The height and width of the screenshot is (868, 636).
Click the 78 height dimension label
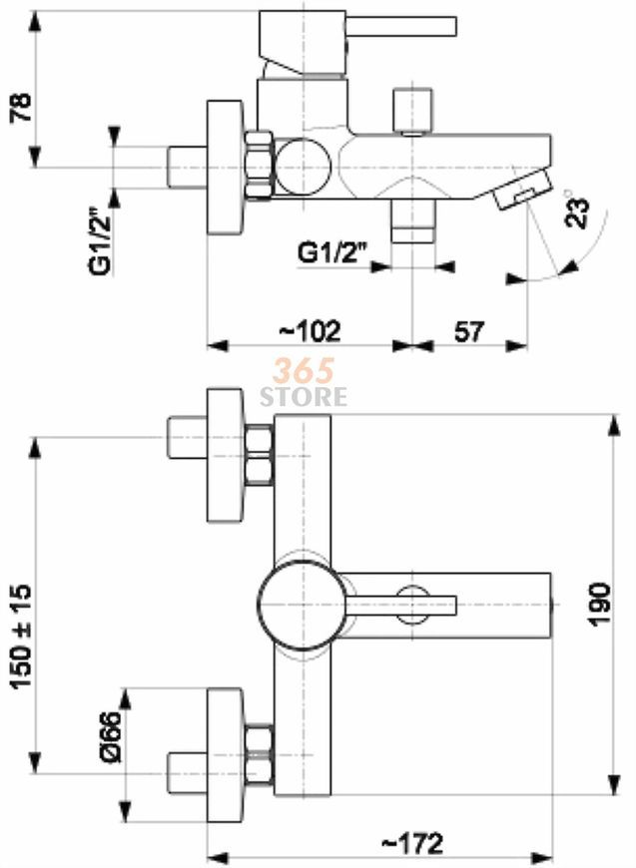22,108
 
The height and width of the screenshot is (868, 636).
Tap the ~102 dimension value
310,330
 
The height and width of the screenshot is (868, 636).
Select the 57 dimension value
469,331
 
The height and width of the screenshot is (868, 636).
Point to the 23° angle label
576,209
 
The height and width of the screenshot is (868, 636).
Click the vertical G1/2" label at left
100,240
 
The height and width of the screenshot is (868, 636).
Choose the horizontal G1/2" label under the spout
332,252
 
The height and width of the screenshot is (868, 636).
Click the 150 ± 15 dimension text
22,637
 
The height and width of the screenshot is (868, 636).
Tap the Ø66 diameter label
111,736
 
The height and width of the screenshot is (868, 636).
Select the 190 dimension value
599,604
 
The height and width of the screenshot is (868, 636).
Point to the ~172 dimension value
412,843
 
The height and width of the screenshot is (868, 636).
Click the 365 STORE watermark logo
304,382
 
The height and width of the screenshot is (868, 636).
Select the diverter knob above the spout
412,111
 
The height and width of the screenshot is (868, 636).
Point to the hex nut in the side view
259,165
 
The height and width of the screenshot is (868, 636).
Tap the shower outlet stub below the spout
412,220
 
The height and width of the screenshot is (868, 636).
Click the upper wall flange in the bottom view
225,455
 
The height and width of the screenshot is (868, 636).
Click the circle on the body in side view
304,166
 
